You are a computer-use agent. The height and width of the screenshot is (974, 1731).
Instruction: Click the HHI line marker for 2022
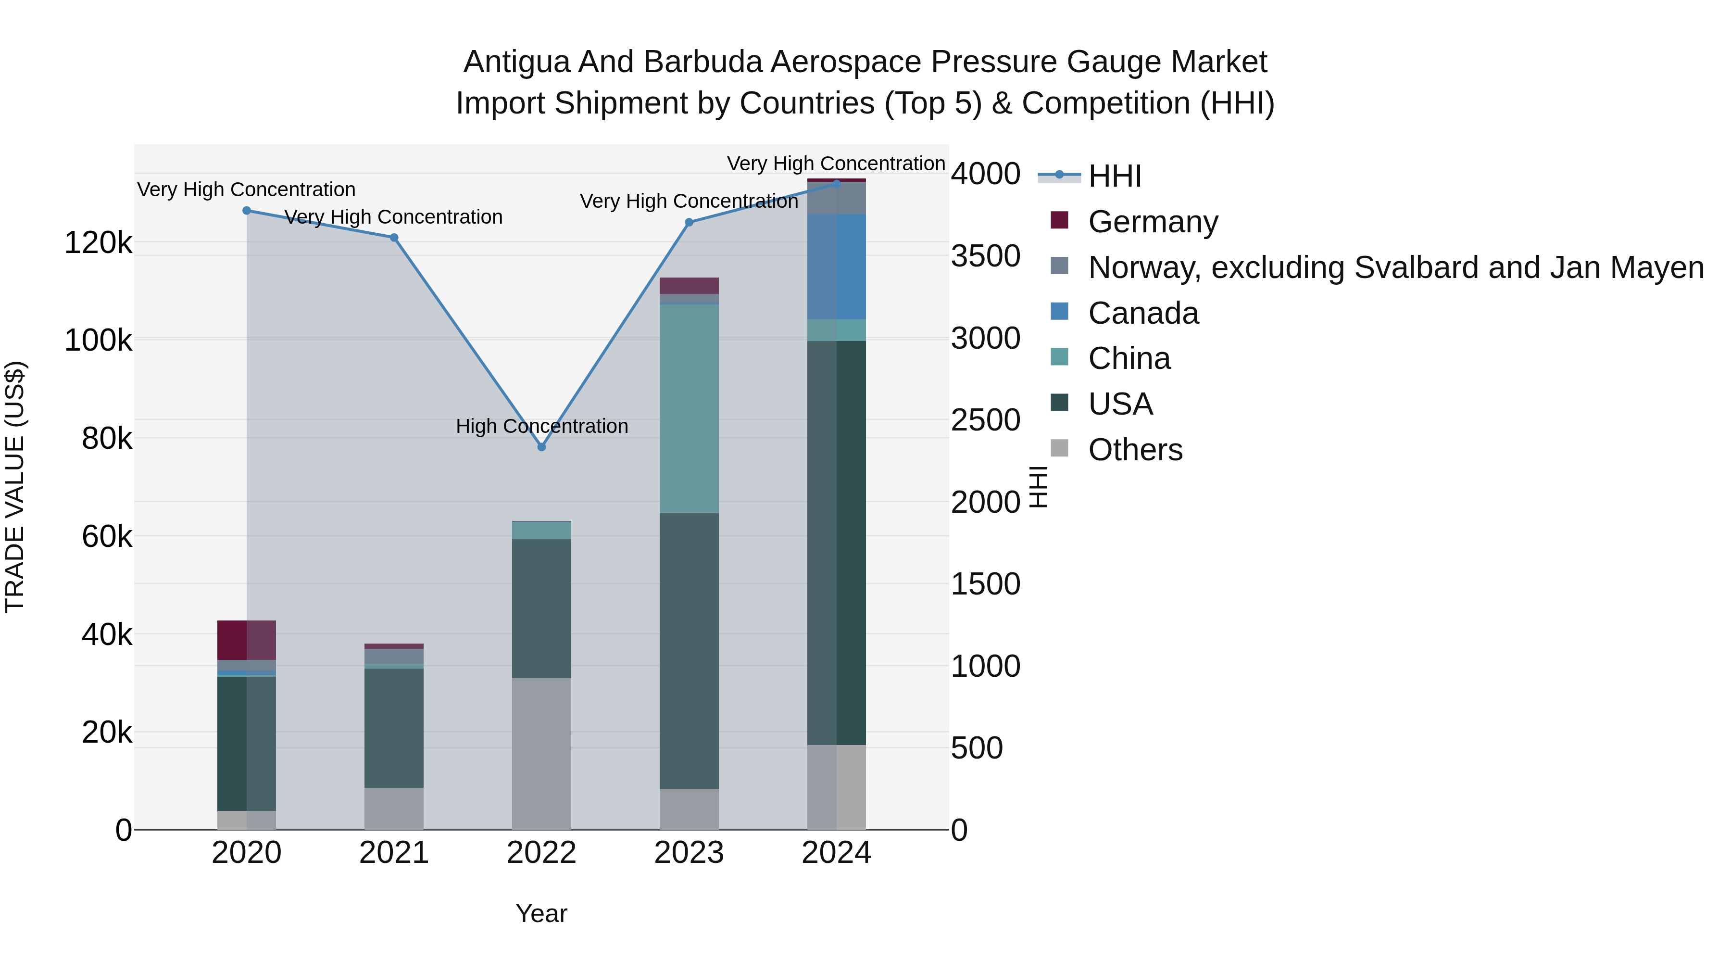(541, 447)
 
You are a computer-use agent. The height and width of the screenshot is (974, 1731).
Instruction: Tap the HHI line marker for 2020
(247, 210)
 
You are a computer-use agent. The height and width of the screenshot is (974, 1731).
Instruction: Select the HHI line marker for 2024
(837, 184)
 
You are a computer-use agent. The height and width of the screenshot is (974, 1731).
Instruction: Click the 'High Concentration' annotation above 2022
(541, 426)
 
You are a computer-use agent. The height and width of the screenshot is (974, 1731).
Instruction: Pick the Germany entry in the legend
(1153, 222)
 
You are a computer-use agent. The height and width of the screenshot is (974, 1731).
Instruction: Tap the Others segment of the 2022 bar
(541, 753)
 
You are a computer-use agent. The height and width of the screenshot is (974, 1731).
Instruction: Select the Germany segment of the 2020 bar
(247, 640)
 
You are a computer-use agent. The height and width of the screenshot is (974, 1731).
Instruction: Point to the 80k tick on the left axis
(107, 439)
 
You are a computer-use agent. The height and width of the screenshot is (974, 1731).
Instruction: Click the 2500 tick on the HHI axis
(985, 420)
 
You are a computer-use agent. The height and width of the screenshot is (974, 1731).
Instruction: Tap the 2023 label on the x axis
(689, 853)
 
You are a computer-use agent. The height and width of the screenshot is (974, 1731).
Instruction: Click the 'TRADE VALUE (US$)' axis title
(15, 487)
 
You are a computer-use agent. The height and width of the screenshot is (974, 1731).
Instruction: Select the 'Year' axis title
(541, 913)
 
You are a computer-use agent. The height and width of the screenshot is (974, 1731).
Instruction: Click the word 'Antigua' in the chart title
(516, 62)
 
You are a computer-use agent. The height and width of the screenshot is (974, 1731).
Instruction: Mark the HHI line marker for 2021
(394, 237)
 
